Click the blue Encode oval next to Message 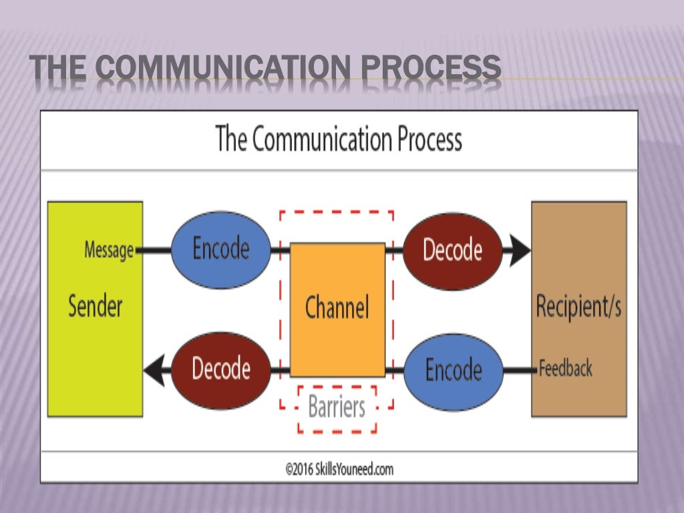pos(221,250)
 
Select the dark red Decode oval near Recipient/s pos(452,250)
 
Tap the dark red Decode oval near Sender pos(221,369)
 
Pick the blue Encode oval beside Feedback pos(454,370)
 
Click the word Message pos(108,250)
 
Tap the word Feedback pos(566,368)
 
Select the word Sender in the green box pos(96,307)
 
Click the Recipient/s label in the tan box pos(578,307)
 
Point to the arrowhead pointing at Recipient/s pos(520,250)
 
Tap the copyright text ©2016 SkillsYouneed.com pos(339,470)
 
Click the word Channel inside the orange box pos(337,308)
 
